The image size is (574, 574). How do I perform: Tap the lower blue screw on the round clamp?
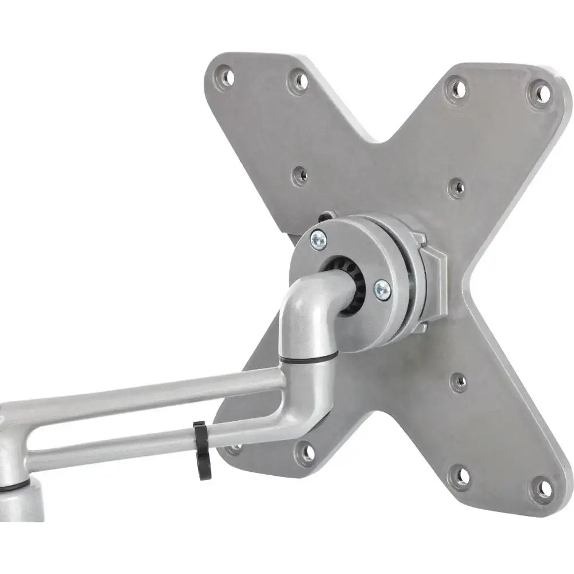tap(382, 290)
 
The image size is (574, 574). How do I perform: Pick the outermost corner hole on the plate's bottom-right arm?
tap(541, 490)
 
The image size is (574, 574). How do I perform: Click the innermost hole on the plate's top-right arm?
tap(457, 187)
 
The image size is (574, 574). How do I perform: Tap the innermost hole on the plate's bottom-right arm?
tap(458, 382)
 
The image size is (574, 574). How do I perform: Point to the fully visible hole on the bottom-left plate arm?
tap(308, 453)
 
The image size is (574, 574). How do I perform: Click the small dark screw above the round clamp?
tap(325, 217)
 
